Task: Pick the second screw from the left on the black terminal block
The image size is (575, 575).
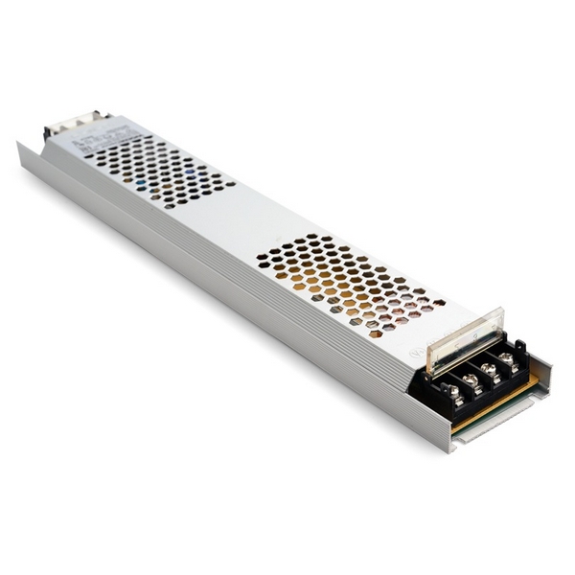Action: [x=469, y=379]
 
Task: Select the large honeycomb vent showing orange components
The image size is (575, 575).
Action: [x=350, y=278]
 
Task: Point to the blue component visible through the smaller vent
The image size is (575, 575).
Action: [x=144, y=178]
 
